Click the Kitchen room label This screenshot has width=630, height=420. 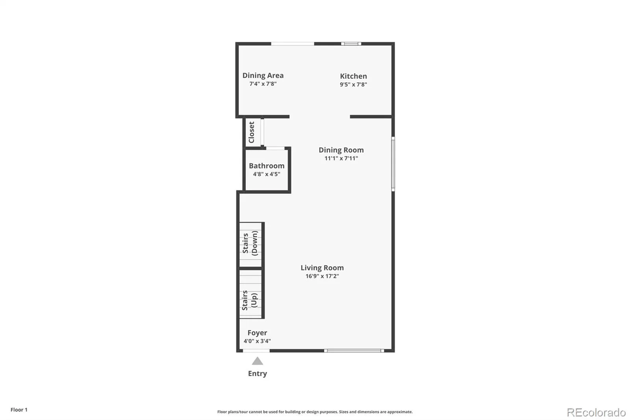[353, 76]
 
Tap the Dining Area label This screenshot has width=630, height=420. [263, 75]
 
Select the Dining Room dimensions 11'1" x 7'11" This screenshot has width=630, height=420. [341, 158]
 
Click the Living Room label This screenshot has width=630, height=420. [322, 268]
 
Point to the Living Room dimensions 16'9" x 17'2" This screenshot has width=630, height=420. [322, 276]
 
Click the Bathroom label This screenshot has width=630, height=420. [267, 166]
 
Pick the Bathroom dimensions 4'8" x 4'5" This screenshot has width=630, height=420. [267, 174]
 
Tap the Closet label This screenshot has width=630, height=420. [252, 132]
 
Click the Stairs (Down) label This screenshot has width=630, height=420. [250, 243]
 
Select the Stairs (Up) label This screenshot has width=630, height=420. [250, 300]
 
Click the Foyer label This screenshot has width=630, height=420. [258, 333]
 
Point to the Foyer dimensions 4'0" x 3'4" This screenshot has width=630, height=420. [258, 341]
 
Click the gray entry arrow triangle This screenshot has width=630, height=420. [258, 361]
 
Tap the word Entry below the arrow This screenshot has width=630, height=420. [258, 374]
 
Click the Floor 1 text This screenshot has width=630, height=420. [19, 410]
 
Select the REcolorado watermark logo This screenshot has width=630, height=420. [596, 413]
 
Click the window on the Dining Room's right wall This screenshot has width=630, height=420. [393, 164]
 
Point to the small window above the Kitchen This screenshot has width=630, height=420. [351, 44]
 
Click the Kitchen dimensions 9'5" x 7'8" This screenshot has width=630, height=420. [353, 84]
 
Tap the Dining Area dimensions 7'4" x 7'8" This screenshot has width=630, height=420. [263, 84]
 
